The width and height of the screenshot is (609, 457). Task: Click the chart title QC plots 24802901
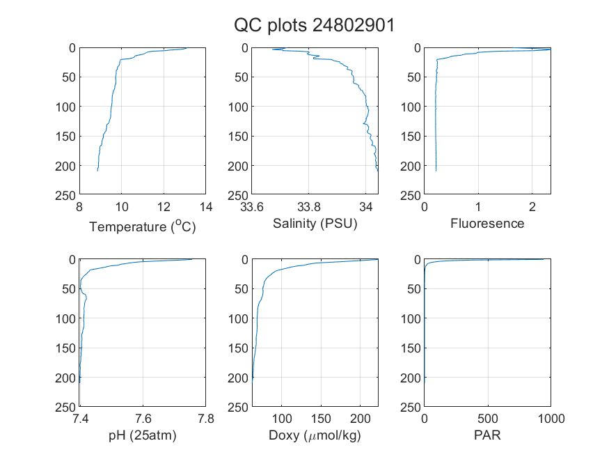coord(314,26)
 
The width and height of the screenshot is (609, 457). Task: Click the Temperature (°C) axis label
coord(143,226)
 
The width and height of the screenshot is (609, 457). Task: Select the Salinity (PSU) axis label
coord(315,224)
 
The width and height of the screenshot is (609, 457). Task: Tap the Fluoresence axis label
coord(487,224)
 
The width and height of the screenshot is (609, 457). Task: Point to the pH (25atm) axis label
coord(143,435)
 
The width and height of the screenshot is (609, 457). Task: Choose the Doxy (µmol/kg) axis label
coord(315,435)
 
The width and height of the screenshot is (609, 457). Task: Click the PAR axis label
coord(487,435)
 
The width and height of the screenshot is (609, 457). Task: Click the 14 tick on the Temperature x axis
coord(206,207)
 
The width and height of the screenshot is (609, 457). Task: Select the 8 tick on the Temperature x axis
coord(79,207)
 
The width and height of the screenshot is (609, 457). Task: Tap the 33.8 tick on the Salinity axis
coord(309,207)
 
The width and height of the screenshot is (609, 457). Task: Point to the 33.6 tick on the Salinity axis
coord(252,207)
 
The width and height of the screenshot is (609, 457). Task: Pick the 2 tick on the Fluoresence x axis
coord(532,207)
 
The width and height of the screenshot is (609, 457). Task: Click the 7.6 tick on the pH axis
coord(143,419)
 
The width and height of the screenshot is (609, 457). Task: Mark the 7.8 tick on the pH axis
coord(206,419)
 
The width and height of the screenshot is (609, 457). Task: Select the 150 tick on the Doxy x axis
coord(321,419)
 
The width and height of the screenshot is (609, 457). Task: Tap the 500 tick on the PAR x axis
coord(488,419)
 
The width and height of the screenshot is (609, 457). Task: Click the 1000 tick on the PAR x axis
coord(551,419)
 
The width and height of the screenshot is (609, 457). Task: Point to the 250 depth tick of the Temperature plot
coord(65,196)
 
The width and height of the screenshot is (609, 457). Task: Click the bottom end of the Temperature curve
coord(97,171)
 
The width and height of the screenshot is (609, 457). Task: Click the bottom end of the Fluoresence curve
coord(436,171)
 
